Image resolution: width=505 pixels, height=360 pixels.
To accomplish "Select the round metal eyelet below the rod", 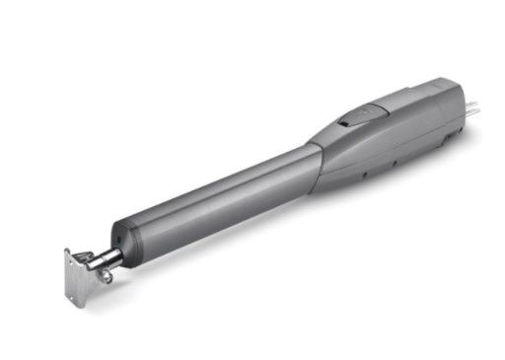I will point(102,277).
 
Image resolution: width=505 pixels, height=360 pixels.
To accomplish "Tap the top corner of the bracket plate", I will point(68,252).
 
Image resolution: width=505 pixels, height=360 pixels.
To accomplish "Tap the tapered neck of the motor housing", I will point(330,143).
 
